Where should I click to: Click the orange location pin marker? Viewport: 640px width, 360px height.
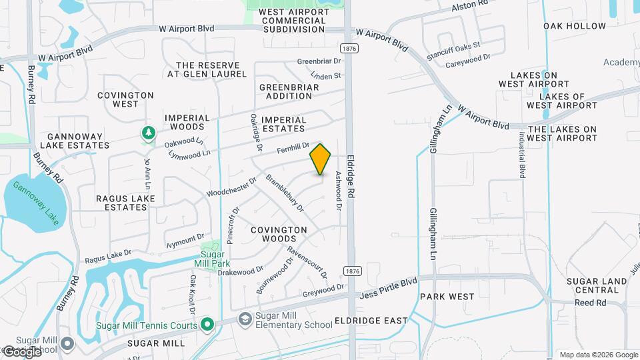pos(321,159)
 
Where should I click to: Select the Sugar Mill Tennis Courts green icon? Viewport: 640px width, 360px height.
pos(207,325)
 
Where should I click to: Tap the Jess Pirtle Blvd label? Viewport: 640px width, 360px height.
pos(389,287)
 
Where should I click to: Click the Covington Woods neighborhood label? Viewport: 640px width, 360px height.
pos(279,234)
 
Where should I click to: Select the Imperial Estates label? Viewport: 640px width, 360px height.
pos(284,124)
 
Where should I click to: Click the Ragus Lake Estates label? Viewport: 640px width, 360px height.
pos(125,203)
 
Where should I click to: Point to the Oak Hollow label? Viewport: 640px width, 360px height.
pos(575,26)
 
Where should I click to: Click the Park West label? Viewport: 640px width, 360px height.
pos(447,296)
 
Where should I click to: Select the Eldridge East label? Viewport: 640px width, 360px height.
pos(371,321)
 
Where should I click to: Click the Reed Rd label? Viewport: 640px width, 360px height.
pos(591,303)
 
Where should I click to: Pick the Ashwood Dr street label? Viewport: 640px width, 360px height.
pos(339,191)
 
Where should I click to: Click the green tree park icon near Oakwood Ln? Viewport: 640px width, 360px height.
pos(147,134)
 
